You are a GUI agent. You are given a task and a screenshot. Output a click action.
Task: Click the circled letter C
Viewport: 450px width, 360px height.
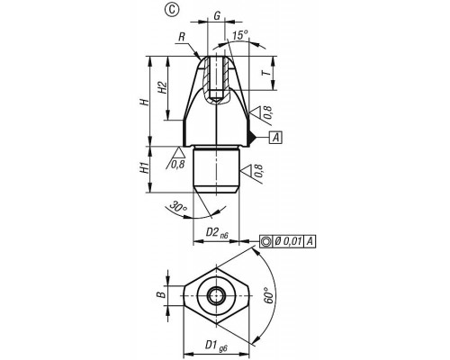point(171,10)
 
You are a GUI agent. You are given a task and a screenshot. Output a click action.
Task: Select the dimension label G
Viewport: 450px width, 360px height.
point(217,16)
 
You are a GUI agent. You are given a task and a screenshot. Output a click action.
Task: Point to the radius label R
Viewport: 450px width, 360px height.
point(182,38)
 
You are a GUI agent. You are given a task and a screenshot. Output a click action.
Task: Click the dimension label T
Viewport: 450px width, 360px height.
point(265,73)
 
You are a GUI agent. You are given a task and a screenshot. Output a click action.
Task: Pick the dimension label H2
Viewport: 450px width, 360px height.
point(162,88)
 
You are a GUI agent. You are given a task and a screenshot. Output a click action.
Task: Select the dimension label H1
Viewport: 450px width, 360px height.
point(145,167)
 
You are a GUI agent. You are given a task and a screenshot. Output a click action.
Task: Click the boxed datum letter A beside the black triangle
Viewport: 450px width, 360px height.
point(276,138)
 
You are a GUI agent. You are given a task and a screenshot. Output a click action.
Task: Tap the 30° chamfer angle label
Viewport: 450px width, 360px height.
point(178,207)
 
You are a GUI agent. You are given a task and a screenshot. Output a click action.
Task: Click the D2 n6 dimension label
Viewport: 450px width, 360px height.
point(217,233)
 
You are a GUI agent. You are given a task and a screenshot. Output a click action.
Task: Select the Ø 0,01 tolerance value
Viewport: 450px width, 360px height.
point(288,241)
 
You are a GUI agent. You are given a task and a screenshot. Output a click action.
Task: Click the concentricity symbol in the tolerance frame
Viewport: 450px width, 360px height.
point(266,241)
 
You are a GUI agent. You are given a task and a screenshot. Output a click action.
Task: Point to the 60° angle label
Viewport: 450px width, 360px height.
point(269,295)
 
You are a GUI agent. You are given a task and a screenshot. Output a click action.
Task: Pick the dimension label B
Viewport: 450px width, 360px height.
point(162,295)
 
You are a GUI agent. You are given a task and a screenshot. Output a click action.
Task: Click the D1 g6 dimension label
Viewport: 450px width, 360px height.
point(216,346)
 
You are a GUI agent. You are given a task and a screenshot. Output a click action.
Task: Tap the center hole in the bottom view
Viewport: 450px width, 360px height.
point(216,296)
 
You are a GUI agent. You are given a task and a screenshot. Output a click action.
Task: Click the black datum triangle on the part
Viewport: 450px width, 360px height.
point(251,138)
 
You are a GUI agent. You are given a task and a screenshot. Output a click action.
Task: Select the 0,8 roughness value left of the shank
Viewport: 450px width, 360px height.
point(177,164)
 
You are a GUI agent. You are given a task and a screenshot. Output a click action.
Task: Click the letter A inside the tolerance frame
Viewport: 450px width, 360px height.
point(310,241)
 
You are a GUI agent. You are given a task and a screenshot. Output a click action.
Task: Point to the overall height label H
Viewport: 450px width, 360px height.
point(145,102)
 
